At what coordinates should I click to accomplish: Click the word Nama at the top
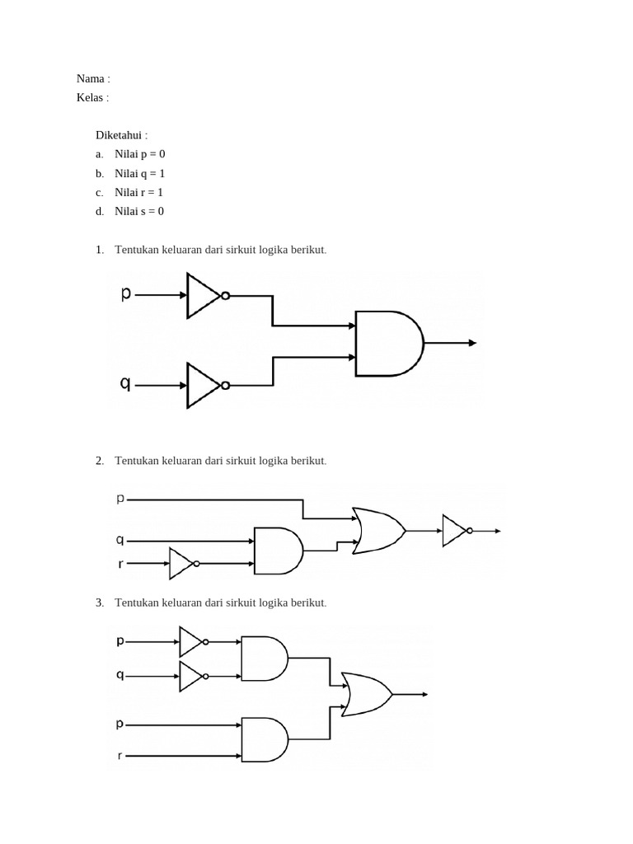[90, 78]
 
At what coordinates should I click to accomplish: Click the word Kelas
[90, 97]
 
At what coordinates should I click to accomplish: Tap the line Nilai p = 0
[140, 154]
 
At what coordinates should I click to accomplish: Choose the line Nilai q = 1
[140, 173]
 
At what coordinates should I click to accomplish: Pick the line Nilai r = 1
[139, 192]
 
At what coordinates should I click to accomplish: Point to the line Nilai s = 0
[139, 211]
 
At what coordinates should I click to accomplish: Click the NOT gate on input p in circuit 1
[204, 295]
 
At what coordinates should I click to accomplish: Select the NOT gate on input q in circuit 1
[204, 385]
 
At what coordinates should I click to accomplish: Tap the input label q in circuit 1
[126, 383]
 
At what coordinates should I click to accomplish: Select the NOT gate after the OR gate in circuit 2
[456, 531]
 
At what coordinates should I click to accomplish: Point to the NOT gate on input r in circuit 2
[181, 564]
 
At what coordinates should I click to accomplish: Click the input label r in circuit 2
[120, 564]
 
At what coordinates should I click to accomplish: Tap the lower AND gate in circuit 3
[264, 739]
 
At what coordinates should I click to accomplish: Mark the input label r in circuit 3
[120, 755]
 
